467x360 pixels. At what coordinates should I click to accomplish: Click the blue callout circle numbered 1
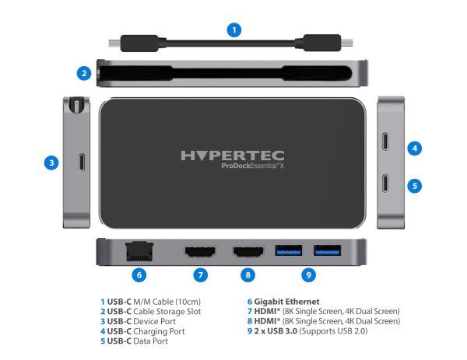point(233,30)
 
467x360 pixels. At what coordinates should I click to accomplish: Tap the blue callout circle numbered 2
point(84,74)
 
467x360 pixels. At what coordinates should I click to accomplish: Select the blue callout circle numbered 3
point(51,163)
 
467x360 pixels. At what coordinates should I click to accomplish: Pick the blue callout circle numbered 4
point(416,147)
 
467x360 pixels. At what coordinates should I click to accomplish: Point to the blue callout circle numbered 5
point(416,186)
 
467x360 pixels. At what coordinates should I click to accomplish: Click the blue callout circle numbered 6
point(139,274)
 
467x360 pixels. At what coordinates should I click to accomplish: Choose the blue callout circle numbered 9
point(310,274)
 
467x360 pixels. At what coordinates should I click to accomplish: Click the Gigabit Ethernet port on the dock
point(138,251)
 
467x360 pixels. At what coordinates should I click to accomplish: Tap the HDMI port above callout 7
point(200,252)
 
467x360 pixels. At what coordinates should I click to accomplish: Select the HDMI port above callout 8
point(248,252)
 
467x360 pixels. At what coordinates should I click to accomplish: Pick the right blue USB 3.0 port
point(327,251)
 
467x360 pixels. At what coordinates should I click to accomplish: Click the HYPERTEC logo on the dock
point(233,156)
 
